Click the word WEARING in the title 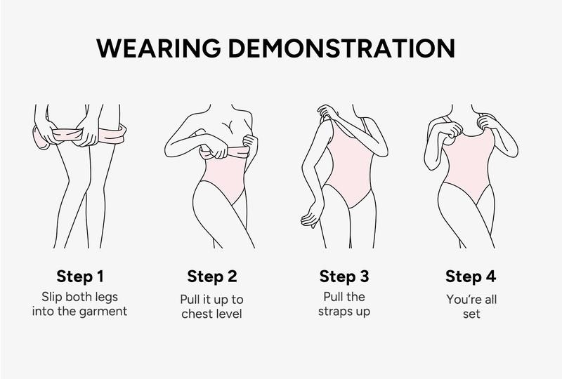coord(159,48)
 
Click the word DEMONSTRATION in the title coord(342,48)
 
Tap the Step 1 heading coord(80,277)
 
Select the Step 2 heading coord(212,277)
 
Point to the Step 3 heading coord(344,277)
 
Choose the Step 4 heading coord(471,277)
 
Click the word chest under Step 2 coord(197,314)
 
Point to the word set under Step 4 coord(471,314)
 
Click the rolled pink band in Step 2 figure coord(225,152)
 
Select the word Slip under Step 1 coord(52,298)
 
